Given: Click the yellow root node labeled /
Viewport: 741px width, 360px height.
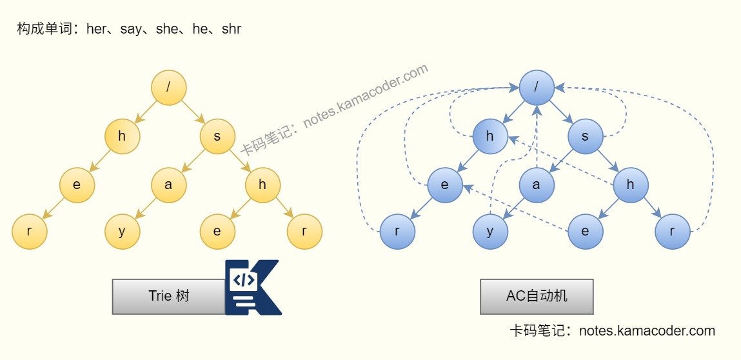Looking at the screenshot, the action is (x=169, y=88).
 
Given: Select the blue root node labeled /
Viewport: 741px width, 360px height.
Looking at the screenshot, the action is (x=537, y=88).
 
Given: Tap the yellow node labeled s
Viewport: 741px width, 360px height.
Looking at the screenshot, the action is (x=217, y=136).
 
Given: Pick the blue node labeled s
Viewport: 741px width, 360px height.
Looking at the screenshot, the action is (x=585, y=136).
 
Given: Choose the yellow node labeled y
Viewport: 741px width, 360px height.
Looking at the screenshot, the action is (x=122, y=232).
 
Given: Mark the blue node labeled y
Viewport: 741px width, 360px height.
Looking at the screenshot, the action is (x=490, y=232).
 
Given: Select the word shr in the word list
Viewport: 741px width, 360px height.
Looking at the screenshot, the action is (x=232, y=29).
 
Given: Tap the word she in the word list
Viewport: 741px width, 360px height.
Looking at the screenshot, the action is (x=166, y=29).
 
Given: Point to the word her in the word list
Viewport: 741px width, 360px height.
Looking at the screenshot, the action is (x=96, y=29).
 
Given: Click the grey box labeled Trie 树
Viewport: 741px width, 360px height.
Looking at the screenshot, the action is (x=169, y=296).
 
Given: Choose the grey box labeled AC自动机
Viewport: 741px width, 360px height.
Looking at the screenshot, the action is (x=537, y=296).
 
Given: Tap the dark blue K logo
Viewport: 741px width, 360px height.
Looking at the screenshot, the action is (x=252, y=287).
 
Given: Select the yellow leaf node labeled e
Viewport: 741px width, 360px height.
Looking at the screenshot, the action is (x=217, y=232).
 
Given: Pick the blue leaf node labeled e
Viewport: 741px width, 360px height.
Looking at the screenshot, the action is (x=585, y=232).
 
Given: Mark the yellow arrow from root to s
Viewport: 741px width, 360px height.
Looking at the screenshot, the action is (x=193, y=112).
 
